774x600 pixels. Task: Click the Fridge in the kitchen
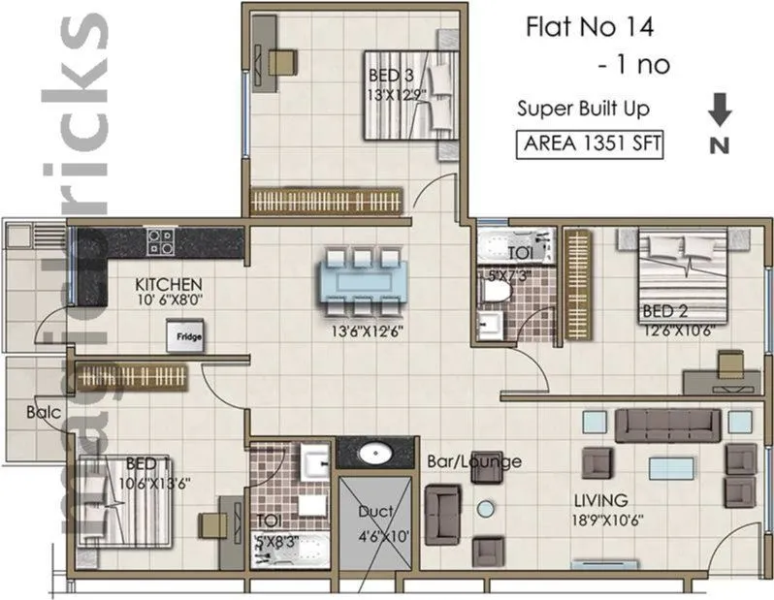(x=189, y=337)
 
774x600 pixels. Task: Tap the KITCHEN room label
(x=168, y=284)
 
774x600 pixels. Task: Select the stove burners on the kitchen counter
(x=159, y=239)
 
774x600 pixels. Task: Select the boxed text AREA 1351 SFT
(x=589, y=144)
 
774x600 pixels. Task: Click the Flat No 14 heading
(x=585, y=26)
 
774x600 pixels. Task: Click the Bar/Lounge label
(x=474, y=461)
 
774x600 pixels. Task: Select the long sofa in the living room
(x=668, y=424)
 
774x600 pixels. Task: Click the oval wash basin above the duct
(x=373, y=453)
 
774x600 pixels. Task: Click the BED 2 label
(x=664, y=312)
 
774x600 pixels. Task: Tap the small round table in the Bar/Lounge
(x=485, y=506)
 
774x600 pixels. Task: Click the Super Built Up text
(x=583, y=109)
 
